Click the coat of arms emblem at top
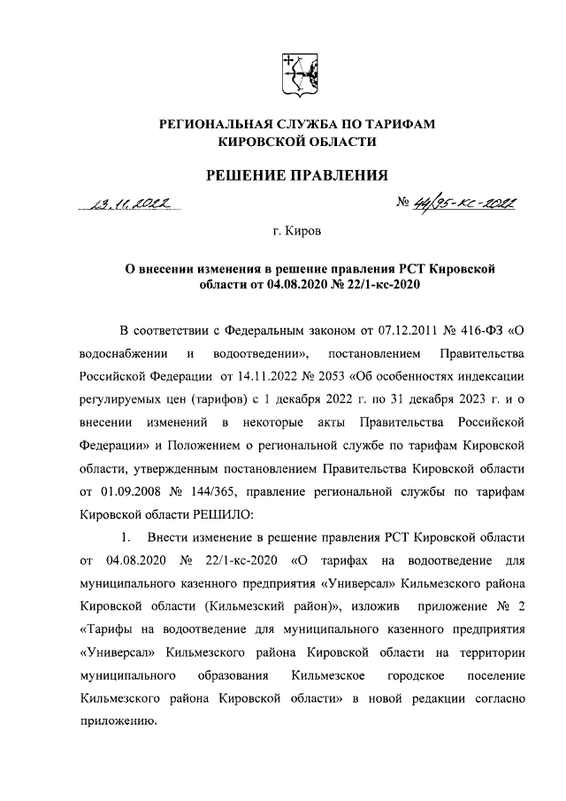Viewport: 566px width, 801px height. (x=297, y=75)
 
